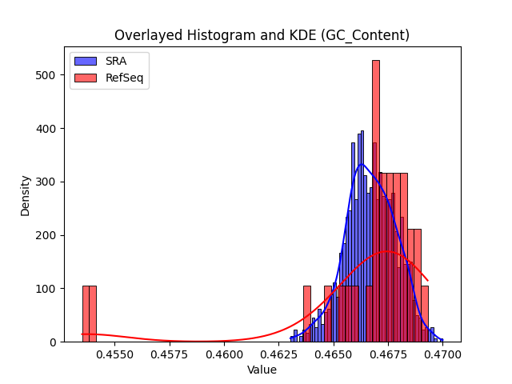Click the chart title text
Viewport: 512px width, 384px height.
262,35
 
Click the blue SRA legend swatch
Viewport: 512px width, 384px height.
86,61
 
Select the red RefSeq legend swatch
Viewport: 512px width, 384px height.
86,78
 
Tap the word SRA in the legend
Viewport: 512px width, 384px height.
116,61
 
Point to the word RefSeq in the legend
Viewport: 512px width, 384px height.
125,78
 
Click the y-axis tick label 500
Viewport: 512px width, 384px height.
46,75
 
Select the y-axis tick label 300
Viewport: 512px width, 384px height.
46,182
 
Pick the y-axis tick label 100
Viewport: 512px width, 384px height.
46,289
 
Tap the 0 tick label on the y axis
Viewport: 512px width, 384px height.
53,342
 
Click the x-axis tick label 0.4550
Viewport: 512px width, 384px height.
114,354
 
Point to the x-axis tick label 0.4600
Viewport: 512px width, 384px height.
224,354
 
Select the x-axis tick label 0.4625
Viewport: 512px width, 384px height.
279,354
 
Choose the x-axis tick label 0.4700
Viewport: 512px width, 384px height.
442,354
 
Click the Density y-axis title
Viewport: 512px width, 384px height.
25,196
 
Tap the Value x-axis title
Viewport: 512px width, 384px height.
262,370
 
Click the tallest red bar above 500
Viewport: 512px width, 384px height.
376,201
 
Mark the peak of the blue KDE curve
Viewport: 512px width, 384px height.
361,164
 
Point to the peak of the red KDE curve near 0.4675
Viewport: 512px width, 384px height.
387,251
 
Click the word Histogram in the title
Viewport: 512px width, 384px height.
221,35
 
